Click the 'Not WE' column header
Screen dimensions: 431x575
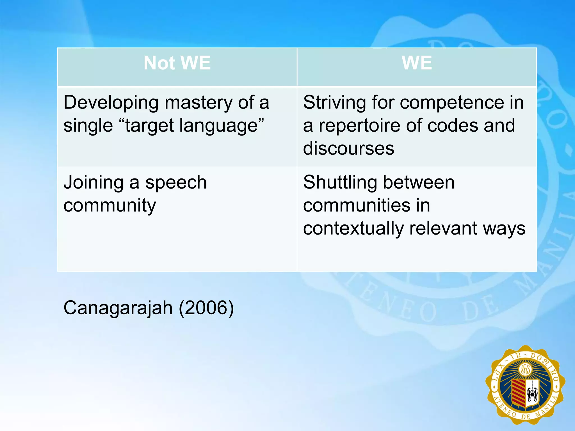point(177,63)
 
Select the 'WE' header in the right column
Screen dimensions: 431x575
point(417,63)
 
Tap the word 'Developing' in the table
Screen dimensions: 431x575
point(111,103)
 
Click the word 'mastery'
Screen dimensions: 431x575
point(198,103)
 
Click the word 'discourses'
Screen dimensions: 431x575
point(348,148)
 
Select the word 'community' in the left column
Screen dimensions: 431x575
point(109,206)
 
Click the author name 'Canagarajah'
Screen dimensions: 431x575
point(118,308)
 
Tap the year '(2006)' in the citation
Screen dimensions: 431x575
point(206,308)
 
